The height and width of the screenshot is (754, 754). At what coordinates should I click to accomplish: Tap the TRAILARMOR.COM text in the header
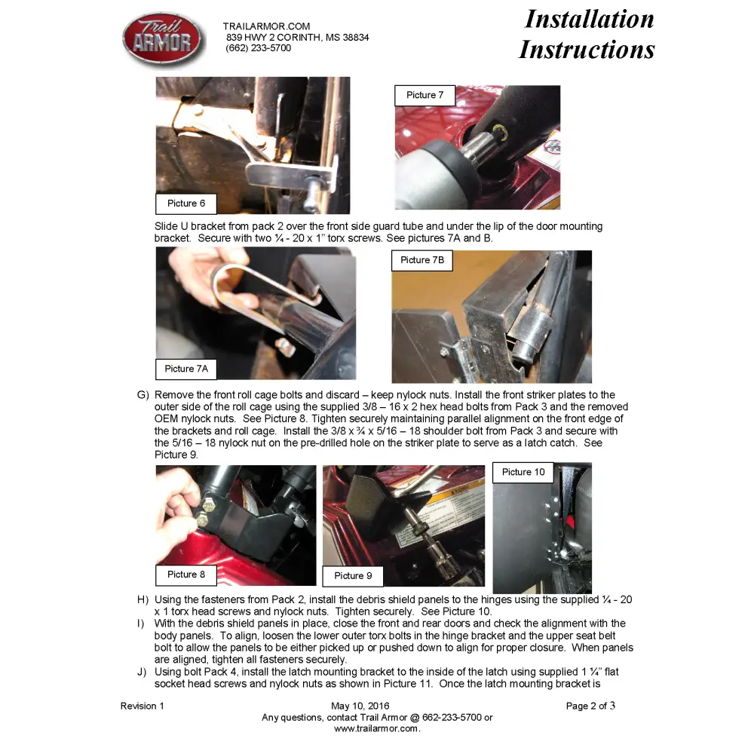(266, 26)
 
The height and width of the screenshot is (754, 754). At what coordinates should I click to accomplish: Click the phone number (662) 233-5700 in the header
(258, 48)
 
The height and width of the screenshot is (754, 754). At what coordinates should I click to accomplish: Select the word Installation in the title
(589, 20)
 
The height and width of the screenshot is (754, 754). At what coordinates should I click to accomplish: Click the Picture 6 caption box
(186, 204)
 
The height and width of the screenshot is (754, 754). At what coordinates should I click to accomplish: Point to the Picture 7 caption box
(425, 95)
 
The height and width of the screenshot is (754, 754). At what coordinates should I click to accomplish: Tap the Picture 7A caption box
(186, 369)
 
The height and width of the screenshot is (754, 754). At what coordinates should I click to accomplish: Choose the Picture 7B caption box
(422, 260)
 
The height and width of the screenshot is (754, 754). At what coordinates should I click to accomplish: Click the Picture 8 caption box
(186, 575)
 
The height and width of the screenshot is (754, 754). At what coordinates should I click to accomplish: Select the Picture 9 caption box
(353, 576)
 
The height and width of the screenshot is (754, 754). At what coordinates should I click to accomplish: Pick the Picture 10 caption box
(523, 472)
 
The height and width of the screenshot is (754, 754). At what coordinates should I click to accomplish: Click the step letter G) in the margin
(143, 395)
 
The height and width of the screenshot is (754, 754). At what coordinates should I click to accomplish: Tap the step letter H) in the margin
(143, 599)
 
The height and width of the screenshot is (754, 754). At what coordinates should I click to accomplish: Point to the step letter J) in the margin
(142, 672)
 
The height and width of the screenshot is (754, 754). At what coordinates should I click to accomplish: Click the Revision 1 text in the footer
(143, 706)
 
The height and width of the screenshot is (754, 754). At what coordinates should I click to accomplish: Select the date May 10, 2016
(360, 706)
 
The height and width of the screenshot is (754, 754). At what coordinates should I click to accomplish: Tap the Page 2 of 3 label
(590, 706)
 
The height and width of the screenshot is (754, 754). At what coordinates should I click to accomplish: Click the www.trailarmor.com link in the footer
(377, 728)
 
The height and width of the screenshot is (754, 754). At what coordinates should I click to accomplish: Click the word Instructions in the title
(587, 50)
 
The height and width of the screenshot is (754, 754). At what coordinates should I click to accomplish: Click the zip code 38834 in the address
(356, 38)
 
